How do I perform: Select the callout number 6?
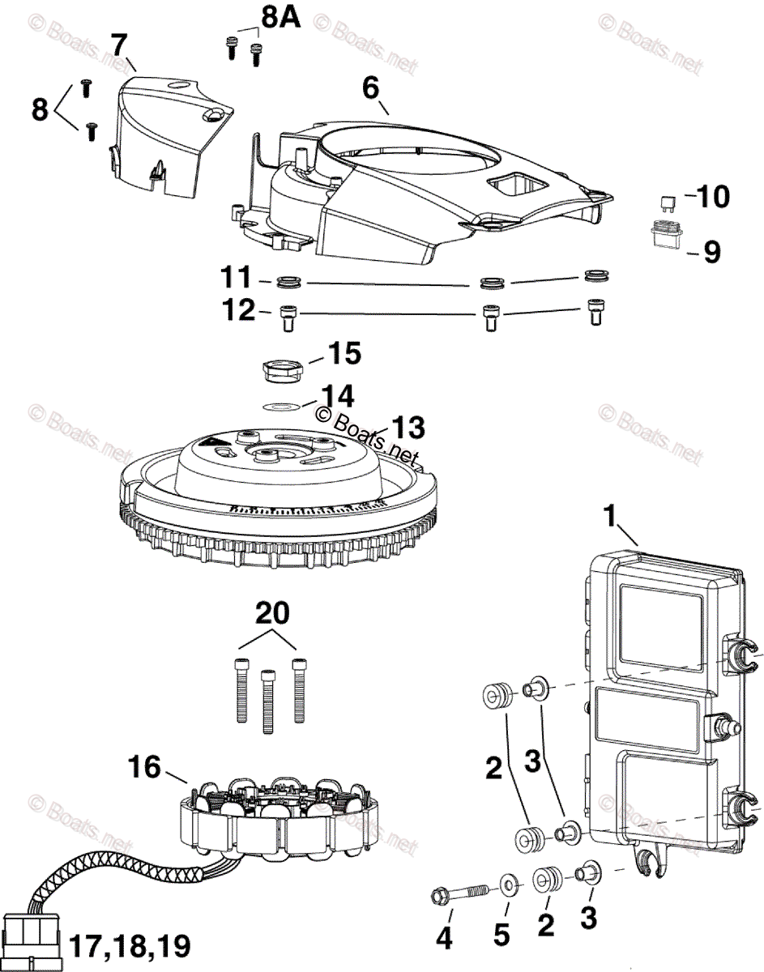tap(370, 87)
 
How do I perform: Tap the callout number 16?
tap(145, 765)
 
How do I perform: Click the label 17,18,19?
tap(130, 944)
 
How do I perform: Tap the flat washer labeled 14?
tap(280, 406)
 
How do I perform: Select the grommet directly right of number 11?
tap(288, 283)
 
